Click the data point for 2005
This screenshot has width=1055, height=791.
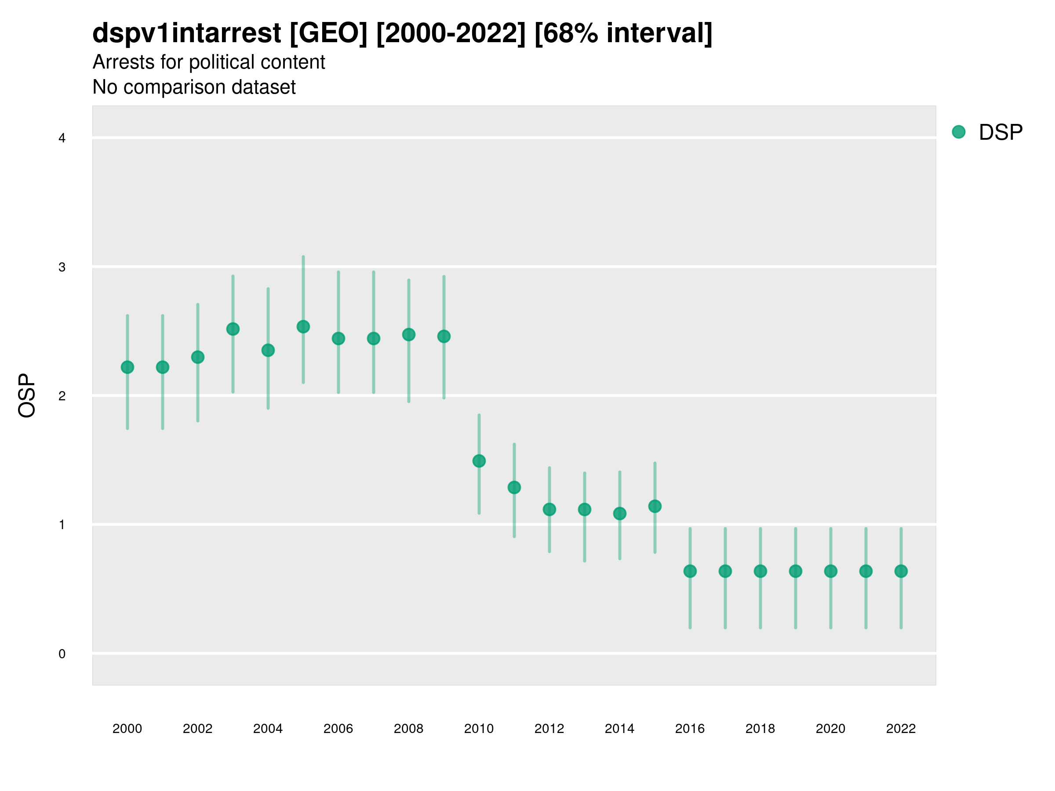click(303, 327)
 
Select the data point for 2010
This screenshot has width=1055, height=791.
click(479, 461)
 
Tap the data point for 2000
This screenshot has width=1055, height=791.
click(127, 367)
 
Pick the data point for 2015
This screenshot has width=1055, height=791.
click(655, 506)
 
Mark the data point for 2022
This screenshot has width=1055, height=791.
click(901, 571)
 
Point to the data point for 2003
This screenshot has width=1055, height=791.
click(233, 329)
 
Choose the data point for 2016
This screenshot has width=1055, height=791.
click(690, 571)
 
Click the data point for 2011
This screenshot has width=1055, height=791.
click(514, 487)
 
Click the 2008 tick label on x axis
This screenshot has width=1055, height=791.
click(408, 729)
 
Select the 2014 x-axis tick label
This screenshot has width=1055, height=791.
click(619, 729)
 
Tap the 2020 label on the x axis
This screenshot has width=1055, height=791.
click(830, 729)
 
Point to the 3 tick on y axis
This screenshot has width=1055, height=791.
click(62, 267)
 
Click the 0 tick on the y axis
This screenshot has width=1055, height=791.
click(62, 654)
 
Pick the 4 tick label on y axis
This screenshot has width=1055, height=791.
click(62, 138)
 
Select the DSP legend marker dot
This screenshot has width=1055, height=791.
click(959, 132)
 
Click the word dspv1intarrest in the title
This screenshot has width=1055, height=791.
click(186, 33)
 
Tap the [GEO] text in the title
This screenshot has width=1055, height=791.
click(329, 33)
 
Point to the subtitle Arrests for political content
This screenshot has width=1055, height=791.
click(208, 62)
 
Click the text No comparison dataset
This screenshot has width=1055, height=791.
click(194, 87)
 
